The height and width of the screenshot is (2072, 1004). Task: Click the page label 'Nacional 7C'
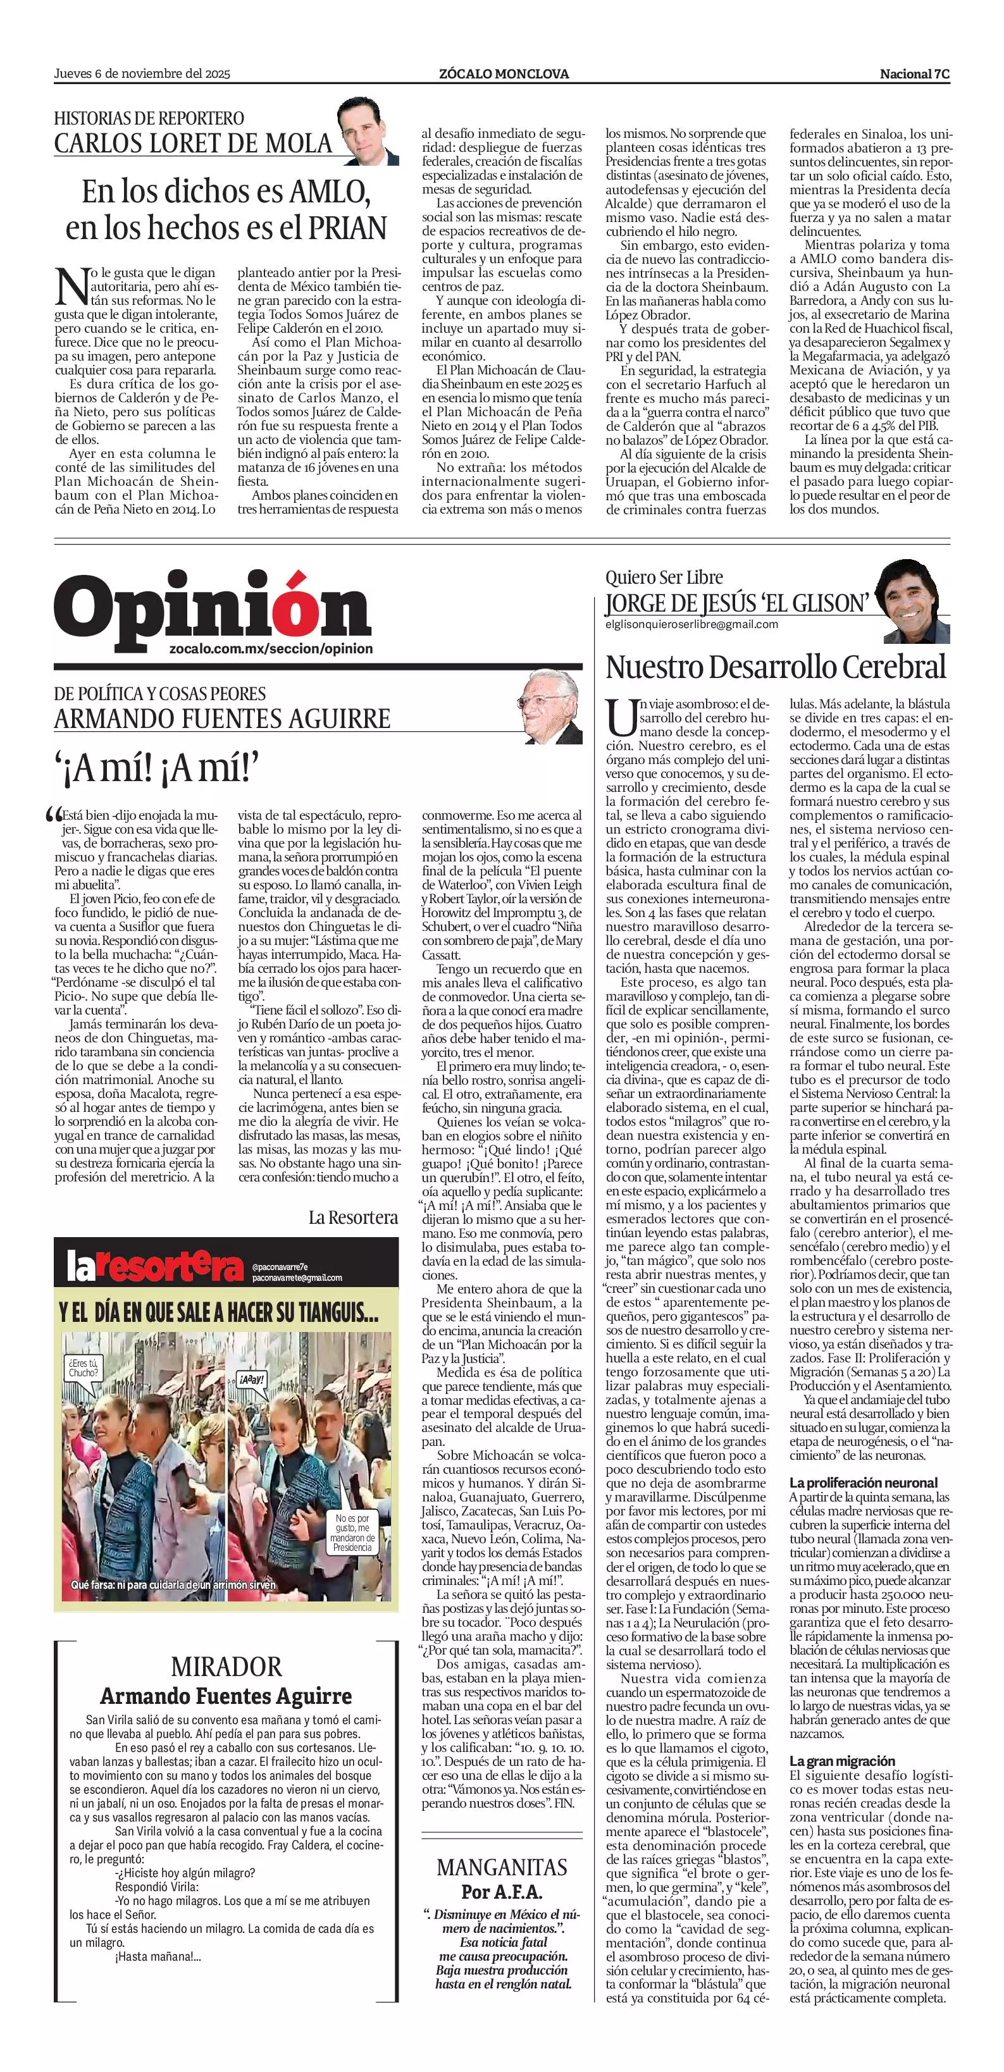tap(914, 74)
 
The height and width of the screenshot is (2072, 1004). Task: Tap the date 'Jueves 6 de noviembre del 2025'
tap(142, 74)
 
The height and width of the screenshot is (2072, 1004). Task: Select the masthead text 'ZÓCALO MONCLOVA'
tap(504, 74)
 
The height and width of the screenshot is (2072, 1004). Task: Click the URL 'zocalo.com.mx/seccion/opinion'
tap(271, 648)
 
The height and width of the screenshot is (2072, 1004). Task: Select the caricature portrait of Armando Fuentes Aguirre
tap(552, 707)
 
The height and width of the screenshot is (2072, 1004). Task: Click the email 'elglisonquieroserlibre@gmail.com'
tap(691, 624)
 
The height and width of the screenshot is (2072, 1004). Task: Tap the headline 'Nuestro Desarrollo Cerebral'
tap(776, 667)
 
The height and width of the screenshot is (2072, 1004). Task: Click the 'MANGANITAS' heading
tap(501, 1867)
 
